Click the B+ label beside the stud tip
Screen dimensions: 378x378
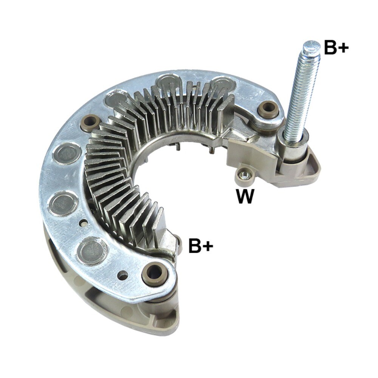click(336, 48)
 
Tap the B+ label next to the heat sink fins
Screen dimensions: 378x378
click(201, 246)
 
